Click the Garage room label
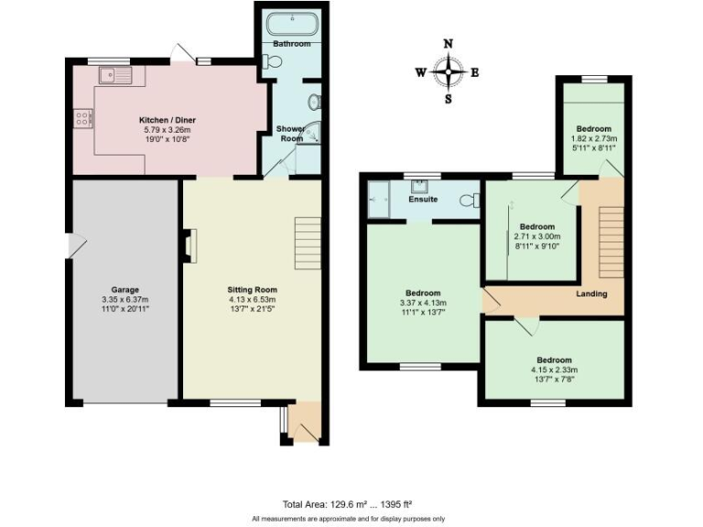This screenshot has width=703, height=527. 124,288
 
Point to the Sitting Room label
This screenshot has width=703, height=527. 252,288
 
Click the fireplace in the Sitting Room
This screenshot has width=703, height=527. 189,246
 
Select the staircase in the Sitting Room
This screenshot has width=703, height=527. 307,243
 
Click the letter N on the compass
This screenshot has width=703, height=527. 448,44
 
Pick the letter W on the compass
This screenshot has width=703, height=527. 420,73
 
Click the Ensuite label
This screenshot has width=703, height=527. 423,199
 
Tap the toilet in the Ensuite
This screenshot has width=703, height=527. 470,200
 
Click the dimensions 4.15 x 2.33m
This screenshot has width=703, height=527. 555,370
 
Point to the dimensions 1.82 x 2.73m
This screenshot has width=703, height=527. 593,139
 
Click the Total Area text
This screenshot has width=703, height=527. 348,503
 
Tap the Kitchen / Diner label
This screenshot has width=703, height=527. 167,120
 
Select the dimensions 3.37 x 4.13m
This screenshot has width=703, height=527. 423,303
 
